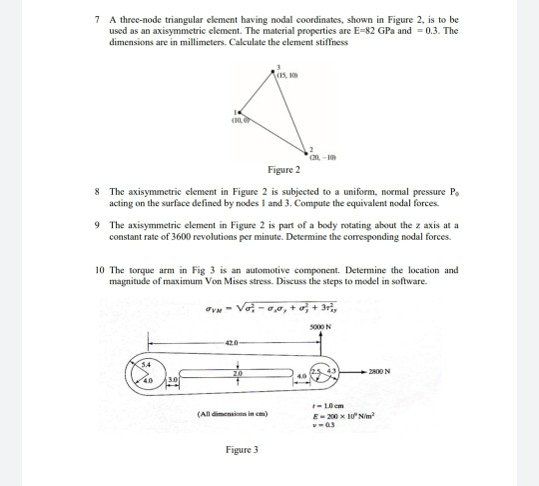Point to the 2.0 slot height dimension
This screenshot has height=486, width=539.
point(236,368)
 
